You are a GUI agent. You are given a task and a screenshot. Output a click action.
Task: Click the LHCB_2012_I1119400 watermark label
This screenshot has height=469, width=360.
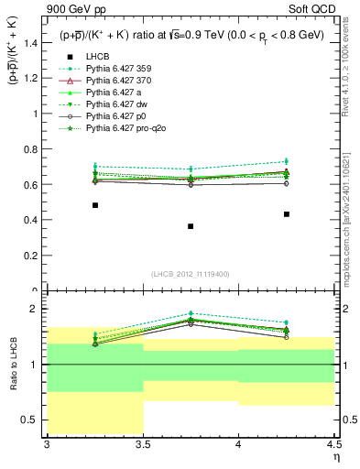pyautogui.click(x=191, y=274)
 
